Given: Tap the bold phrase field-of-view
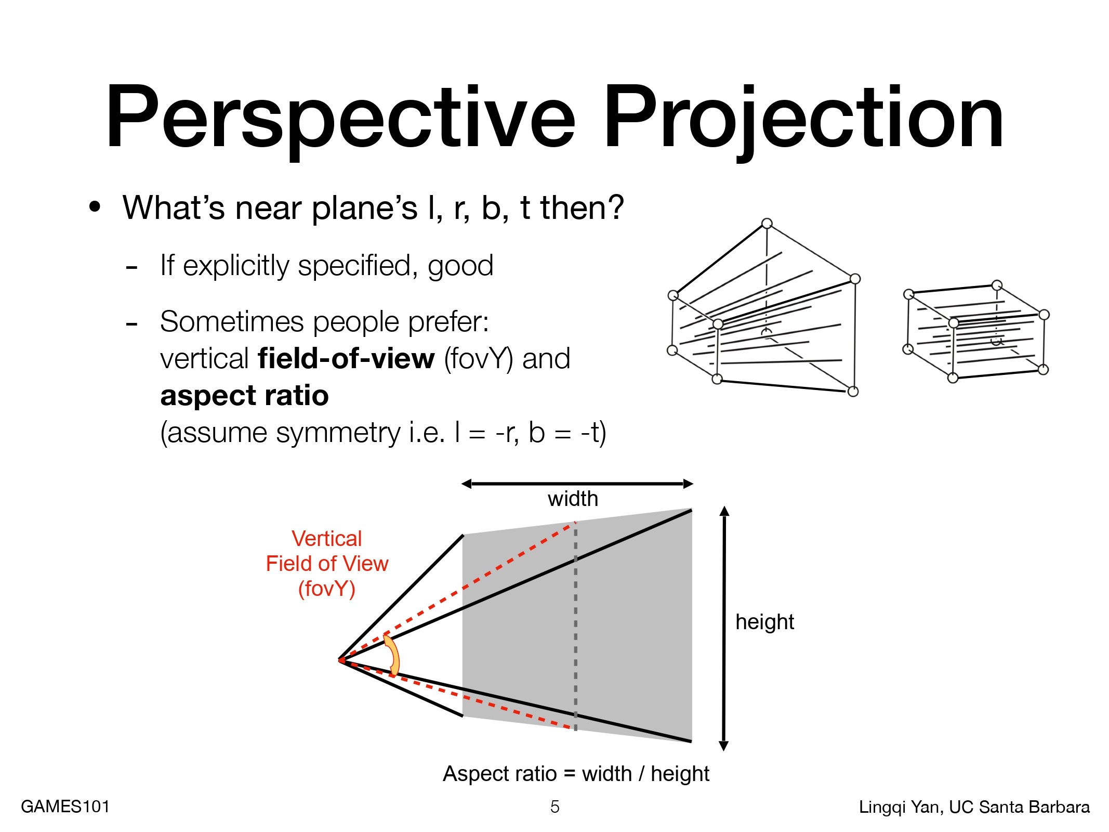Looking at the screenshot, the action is [346, 358].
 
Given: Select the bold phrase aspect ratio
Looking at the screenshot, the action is [244, 396].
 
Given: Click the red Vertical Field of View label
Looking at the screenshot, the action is [327, 564].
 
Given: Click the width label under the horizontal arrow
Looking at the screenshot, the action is [573, 499].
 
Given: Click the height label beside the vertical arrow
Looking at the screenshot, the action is [764, 622].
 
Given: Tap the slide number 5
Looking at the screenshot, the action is [554, 807].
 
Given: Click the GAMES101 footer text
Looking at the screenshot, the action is [65, 807].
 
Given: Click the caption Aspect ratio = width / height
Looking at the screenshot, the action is [576, 774].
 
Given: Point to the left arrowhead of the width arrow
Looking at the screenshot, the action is [466, 484].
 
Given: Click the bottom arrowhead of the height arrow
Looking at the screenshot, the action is [724, 746].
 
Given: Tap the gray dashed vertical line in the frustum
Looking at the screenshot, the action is [575, 626].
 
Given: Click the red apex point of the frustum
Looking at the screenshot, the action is [340, 660].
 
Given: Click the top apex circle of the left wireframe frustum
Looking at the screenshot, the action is [767, 224].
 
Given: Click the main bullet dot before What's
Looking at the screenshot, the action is [95, 207].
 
